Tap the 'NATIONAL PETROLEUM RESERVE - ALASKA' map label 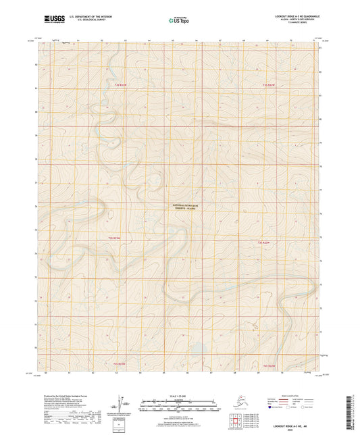click(184, 207)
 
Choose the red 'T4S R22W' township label click(268, 365)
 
